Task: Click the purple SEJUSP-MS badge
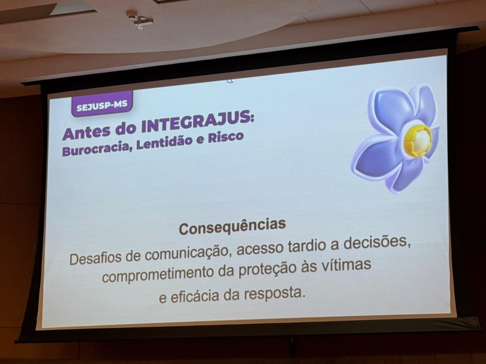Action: [102, 104]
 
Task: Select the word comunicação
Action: [187, 252]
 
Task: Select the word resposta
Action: [273, 294]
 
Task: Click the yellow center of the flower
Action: [418, 140]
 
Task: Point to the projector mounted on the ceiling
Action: [140, 19]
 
